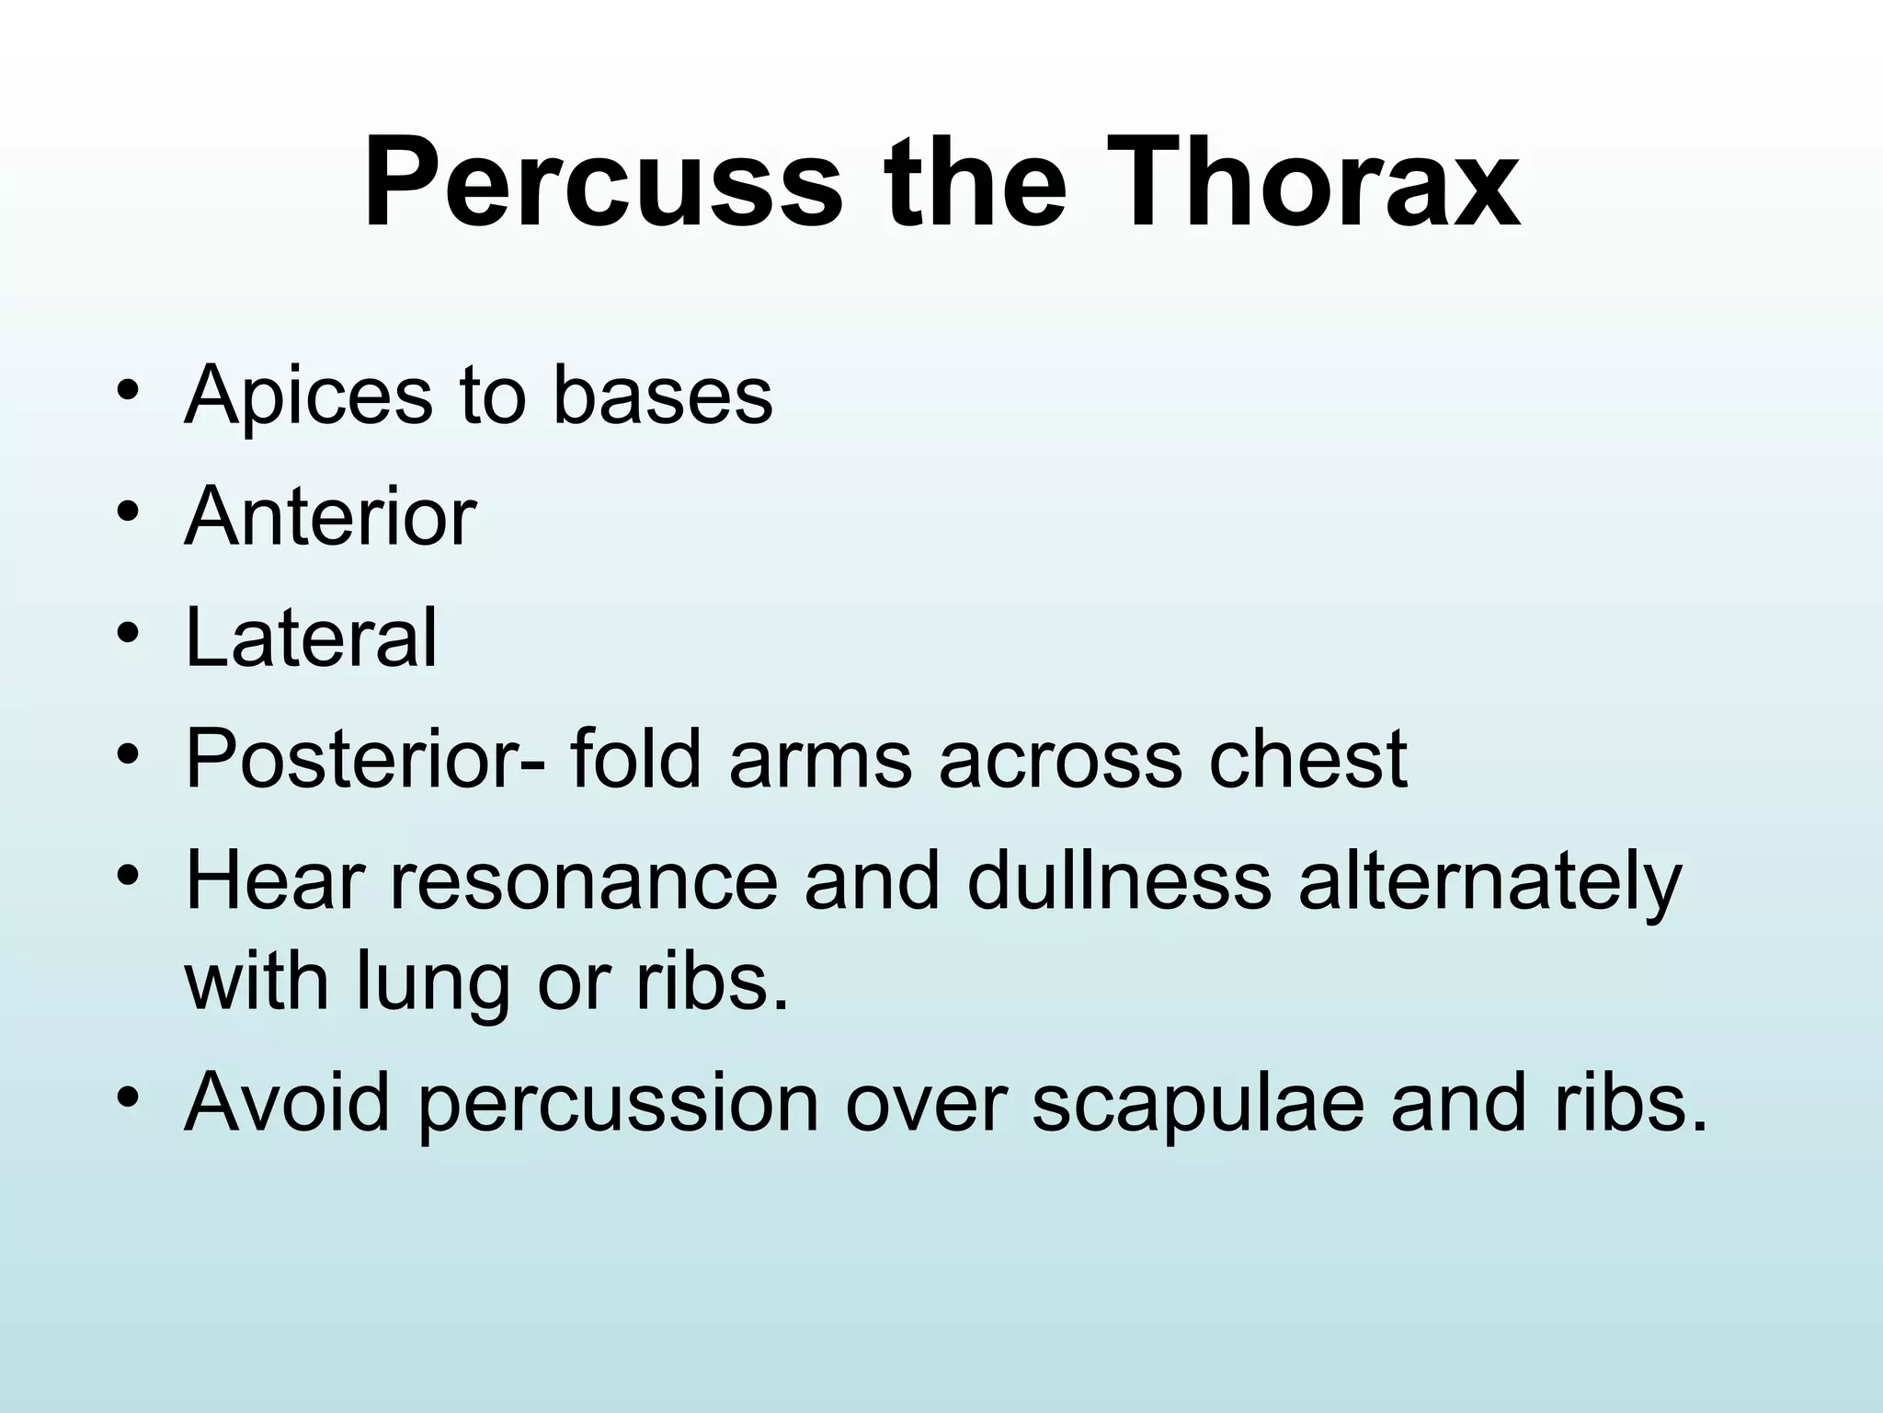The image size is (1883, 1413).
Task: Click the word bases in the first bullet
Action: [662, 396]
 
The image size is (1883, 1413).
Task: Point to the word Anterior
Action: [330, 517]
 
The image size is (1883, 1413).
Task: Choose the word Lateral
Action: [311, 638]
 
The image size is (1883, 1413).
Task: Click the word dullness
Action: [1119, 880]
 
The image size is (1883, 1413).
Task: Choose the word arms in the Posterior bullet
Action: [820, 760]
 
